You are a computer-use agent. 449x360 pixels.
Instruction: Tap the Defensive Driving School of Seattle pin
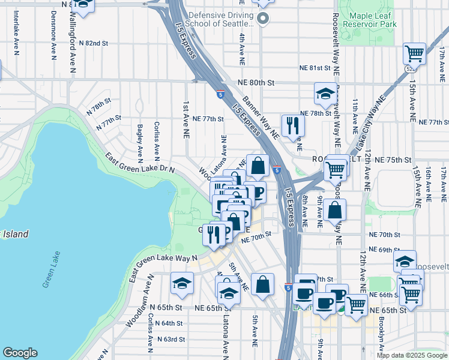click(x=262, y=20)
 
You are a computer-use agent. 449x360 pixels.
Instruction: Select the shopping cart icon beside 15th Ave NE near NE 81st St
click(x=414, y=54)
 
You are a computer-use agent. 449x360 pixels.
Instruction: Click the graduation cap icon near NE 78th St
click(x=325, y=94)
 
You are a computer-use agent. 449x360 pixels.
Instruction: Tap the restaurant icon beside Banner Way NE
click(x=292, y=125)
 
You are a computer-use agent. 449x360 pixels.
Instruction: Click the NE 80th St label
click(x=255, y=82)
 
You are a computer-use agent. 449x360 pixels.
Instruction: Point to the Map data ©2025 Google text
click(x=412, y=355)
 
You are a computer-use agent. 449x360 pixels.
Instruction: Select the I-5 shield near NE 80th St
click(x=221, y=94)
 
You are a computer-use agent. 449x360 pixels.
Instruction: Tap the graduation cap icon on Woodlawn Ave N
click(x=182, y=284)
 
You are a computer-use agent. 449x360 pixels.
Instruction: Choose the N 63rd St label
click(x=171, y=339)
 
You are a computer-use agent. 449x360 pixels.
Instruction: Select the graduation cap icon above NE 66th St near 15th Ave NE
click(x=405, y=261)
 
